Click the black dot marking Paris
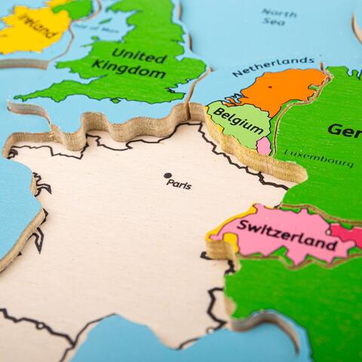(x=167, y=176)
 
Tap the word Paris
(x=179, y=183)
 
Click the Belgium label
(x=232, y=117)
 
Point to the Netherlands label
(x=273, y=66)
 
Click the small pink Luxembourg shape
(x=263, y=146)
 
